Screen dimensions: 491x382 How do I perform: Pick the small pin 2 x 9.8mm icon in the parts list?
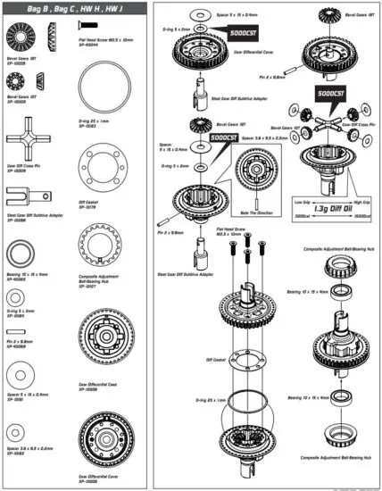coord(20,328)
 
